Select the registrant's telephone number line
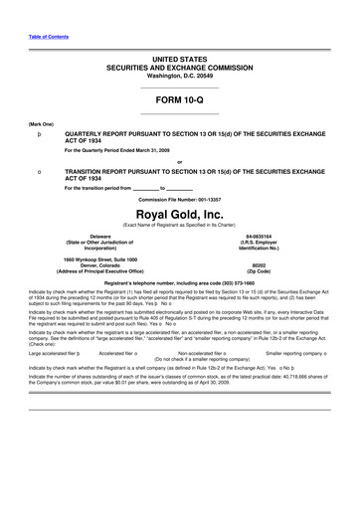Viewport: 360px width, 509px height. tap(180, 283)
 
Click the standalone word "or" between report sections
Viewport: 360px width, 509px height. tap(179, 161)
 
